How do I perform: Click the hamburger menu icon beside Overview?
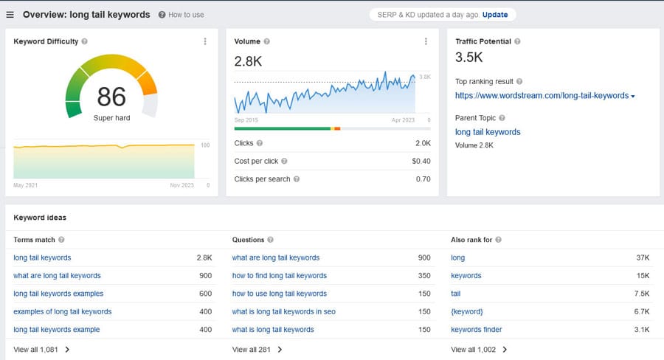(10, 15)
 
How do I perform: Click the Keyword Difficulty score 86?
(111, 97)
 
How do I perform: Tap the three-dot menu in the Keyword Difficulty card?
(205, 41)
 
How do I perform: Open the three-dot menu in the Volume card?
(426, 41)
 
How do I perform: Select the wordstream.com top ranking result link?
(542, 95)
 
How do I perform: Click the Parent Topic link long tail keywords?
(488, 132)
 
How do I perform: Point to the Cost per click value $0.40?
(421, 161)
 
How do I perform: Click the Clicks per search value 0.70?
(423, 179)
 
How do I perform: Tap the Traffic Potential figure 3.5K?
(469, 58)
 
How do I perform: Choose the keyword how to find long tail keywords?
(279, 275)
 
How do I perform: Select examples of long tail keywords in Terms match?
(63, 311)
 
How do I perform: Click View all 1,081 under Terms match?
(41, 350)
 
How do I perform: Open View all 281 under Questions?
(257, 350)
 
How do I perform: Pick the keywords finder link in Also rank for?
(476, 329)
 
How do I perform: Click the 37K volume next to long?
(642, 257)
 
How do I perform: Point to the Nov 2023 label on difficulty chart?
(181, 185)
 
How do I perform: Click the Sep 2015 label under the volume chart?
(246, 120)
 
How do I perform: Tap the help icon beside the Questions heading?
(271, 240)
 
